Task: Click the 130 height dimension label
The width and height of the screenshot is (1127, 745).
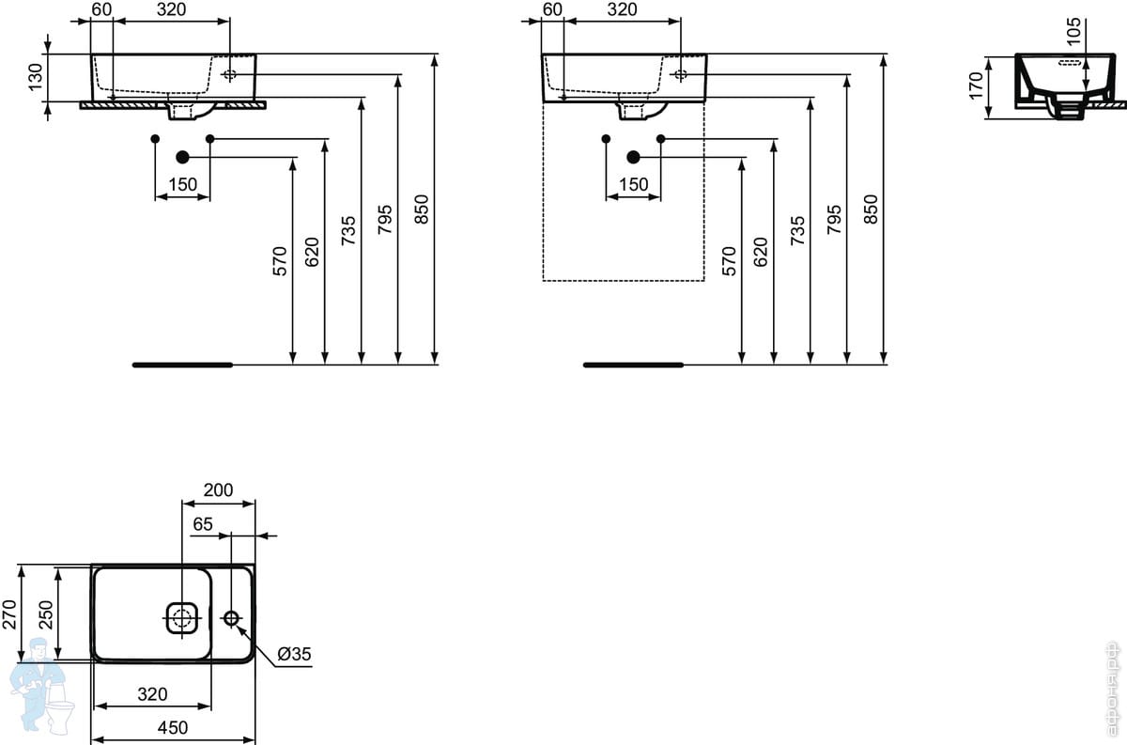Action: [36, 77]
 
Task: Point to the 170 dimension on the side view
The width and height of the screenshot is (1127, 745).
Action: [976, 86]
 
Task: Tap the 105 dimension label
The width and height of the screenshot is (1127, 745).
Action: [1073, 31]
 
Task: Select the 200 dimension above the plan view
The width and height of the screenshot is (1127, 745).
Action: [218, 489]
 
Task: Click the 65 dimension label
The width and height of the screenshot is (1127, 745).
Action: [203, 524]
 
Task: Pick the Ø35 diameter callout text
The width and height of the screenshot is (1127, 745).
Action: [294, 654]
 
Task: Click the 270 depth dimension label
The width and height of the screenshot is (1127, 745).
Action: [10, 614]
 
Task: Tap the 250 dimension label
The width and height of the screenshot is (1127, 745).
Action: [46, 614]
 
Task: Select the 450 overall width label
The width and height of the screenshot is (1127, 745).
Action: [173, 727]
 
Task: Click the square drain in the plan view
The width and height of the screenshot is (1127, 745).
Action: [181, 617]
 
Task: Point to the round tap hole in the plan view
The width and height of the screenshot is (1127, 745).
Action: [231, 617]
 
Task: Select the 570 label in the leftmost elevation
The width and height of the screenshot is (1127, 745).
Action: [280, 261]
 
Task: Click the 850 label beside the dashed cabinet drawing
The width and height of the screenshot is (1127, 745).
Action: [870, 210]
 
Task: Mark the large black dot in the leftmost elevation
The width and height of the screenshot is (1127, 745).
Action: [182, 158]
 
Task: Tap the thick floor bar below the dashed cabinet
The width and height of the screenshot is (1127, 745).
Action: [633, 365]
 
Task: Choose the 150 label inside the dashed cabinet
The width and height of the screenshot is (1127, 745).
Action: [633, 185]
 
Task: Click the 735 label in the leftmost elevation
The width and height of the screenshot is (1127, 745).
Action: [348, 230]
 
